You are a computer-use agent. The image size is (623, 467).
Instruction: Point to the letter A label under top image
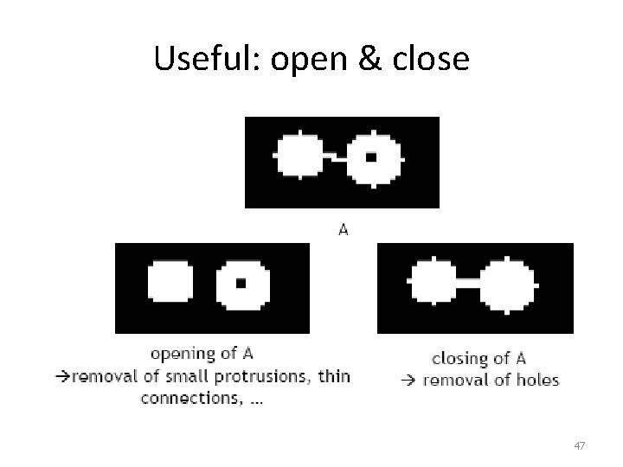click(343, 229)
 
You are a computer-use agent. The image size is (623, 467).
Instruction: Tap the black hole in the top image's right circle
click(370, 157)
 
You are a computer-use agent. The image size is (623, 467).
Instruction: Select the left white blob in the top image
click(299, 157)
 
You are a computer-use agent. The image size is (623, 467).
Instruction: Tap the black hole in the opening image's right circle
click(241, 282)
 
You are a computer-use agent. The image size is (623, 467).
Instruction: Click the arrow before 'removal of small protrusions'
click(60, 376)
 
